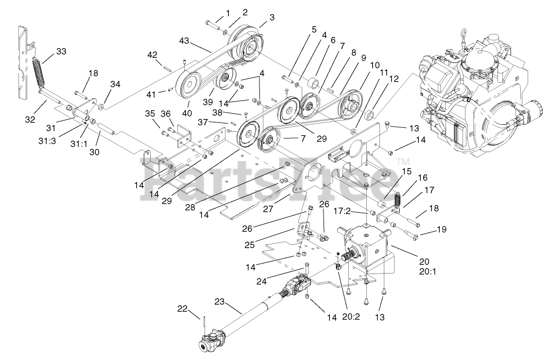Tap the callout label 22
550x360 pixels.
182,309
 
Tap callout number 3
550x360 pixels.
272,17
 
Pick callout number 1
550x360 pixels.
227,12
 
